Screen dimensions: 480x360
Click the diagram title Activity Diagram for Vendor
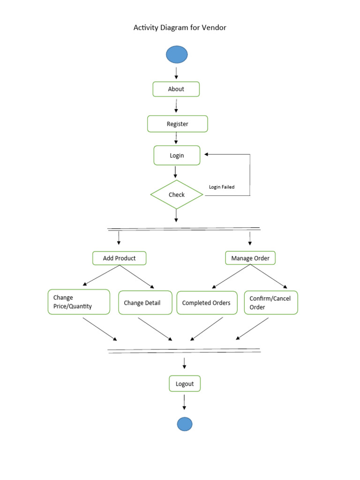(180, 28)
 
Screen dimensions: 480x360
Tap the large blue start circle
(177, 55)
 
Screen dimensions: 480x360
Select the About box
(176, 89)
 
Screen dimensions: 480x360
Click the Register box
(177, 124)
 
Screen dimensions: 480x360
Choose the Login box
(177, 156)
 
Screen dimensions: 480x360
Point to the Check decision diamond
(177, 195)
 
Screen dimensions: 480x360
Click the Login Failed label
(221, 187)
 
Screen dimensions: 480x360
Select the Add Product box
(119, 258)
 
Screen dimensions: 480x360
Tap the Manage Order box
(250, 258)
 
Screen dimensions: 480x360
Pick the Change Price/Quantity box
(79, 302)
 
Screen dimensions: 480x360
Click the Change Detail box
(145, 303)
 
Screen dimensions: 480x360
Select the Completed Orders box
(206, 303)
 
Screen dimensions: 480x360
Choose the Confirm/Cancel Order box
(270, 303)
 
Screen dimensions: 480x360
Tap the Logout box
(185, 383)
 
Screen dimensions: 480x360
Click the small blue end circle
(185, 424)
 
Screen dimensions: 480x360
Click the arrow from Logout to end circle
(184, 402)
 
